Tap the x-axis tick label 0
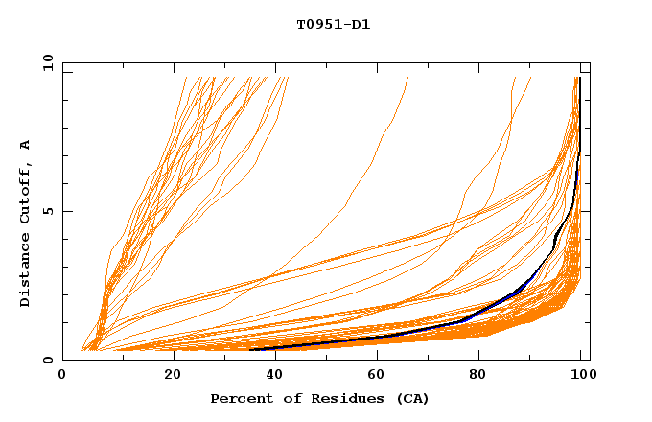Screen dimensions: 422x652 coord(62,377)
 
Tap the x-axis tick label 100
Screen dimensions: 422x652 coord(581,377)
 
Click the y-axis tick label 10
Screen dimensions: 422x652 coord(47,62)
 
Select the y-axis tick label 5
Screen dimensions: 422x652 coord(51,211)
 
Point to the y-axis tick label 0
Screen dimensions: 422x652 coord(51,360)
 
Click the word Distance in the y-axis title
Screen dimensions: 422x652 coord(26,272)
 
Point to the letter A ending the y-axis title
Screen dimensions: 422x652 coord(26,145)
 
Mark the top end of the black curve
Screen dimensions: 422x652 coord(580,78)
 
